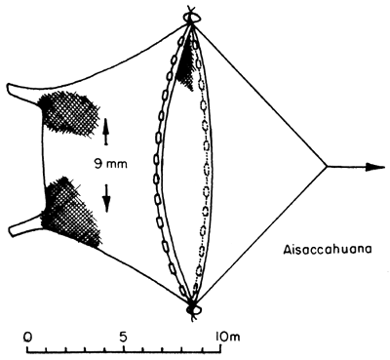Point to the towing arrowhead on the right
pyautogui.click(x=368, y=167)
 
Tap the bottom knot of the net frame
pyautogui.click(x=192, y=311)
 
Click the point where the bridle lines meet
pyautogui.click(x=327, y=167)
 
